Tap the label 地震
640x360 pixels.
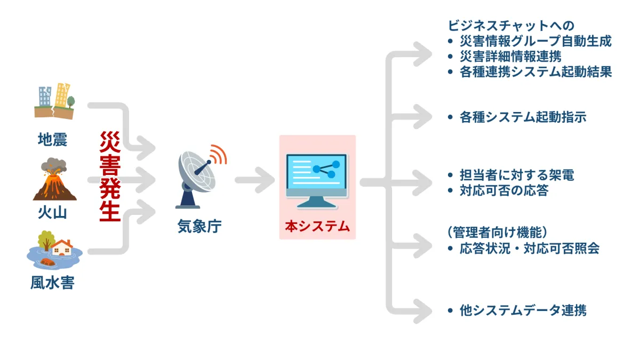point(53,140)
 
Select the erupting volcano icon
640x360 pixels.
point(54,180)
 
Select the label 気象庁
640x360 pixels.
point(199,227)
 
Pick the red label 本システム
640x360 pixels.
point(317,226)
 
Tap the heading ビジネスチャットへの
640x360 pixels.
point(511,25)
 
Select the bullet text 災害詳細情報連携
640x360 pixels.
point(510,56)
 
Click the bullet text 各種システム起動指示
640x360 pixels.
point(523,117)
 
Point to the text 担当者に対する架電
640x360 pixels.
point(517,175)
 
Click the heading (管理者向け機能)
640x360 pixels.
point(498,233)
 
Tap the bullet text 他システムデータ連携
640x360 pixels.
point(523,310)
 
